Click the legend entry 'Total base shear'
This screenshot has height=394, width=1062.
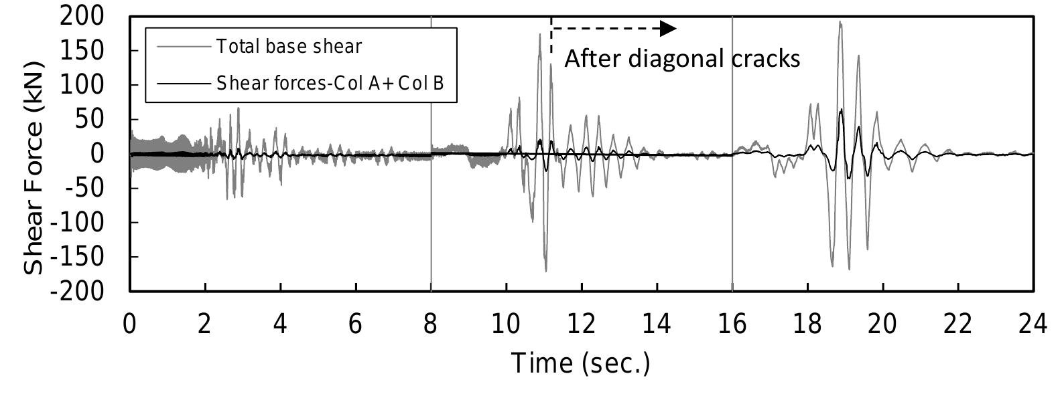click(x=289, y=46)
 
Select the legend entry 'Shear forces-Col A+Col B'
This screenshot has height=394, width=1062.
click(x=330, y=83)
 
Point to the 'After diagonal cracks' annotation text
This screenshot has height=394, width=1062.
click(x=682, y=59)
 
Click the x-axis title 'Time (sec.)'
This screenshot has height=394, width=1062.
click(x=580, y=363)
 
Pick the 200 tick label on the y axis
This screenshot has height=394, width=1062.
click(x=82, y=15)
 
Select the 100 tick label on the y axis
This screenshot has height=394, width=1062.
click(x=82, y=85)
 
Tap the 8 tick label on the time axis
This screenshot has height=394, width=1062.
click(x=431, y=324)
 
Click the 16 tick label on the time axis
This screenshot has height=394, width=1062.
click(x=732, y=324)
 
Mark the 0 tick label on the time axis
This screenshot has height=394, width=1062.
click(x=130, y=324)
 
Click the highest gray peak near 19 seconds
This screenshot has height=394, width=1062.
click(x=840, y=21)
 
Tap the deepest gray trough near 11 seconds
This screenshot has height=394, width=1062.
click(x=546, y=271)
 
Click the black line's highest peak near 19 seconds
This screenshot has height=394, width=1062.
click(x=841, y=109)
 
